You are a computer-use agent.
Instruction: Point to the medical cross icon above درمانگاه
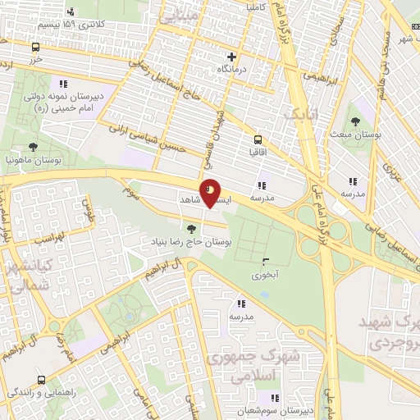point(232,57)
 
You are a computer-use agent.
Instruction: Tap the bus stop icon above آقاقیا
point(258,139)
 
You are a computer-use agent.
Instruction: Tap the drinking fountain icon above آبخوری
point(264,262)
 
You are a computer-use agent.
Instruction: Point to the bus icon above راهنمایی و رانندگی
point(41,381)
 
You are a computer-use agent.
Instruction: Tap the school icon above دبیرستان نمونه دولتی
point(63,83)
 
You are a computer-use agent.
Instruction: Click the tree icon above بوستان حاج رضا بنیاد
point(192,229)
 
